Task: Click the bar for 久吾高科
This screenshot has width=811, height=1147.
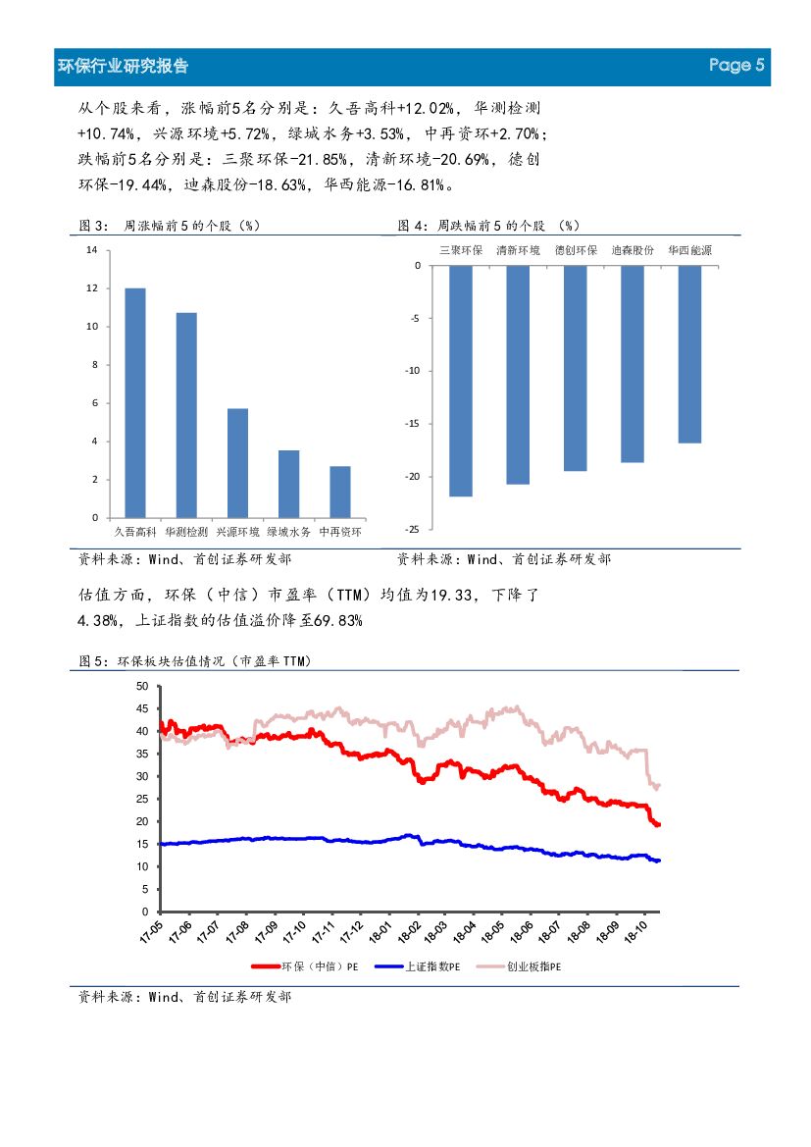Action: [135, 402]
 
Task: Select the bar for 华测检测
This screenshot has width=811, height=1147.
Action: [186, 415]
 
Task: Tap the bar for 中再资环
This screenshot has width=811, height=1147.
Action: [340, 492]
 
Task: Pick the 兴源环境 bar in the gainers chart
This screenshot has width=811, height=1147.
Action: [237, 462]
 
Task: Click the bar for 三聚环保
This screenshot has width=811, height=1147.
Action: [461, 381]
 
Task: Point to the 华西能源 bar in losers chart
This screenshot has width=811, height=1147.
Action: [689, 354]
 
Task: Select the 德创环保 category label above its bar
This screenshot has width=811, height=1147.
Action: [576, 250]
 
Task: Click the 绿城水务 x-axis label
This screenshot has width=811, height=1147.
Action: [288, 532]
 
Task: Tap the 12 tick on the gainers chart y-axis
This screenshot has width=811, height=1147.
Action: [91, 288]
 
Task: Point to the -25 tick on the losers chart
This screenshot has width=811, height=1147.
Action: [414, 529]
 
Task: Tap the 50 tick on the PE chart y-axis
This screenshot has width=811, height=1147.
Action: [141, 686]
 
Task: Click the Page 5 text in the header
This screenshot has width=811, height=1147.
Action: [736, 66]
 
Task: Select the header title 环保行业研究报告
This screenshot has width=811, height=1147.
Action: [124, 66]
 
